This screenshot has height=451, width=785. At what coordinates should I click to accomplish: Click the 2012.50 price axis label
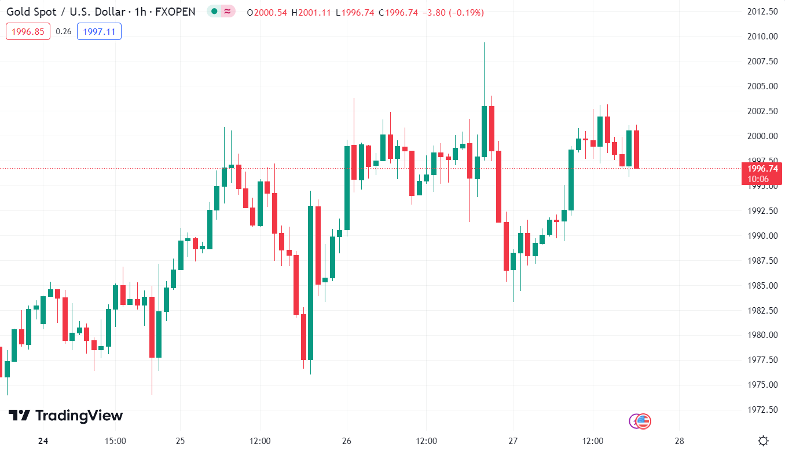coord(761,12)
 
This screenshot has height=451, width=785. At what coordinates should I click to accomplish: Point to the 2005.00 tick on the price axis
coord(761,86)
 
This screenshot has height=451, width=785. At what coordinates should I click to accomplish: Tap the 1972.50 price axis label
coord(761,410)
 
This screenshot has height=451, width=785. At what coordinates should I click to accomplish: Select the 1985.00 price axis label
coord(761,285)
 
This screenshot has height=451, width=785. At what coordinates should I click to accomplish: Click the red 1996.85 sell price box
coord(28,31)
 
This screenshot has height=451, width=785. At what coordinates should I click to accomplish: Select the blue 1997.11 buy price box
coord(99,31)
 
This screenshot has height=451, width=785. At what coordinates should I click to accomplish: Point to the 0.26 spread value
coord(64,31)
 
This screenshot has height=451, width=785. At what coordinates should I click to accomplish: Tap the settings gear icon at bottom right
coord(764,441)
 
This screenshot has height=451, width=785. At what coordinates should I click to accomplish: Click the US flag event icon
coord(644,421)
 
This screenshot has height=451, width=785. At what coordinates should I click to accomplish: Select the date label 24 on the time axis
coord(43,441)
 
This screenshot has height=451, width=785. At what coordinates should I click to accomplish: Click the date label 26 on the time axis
coord(346,441)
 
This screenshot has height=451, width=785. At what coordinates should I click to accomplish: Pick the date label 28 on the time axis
coord(680,441)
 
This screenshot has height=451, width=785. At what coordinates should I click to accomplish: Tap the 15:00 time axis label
coord(115,441)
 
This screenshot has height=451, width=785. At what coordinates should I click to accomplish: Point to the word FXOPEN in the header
coord(175,12)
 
